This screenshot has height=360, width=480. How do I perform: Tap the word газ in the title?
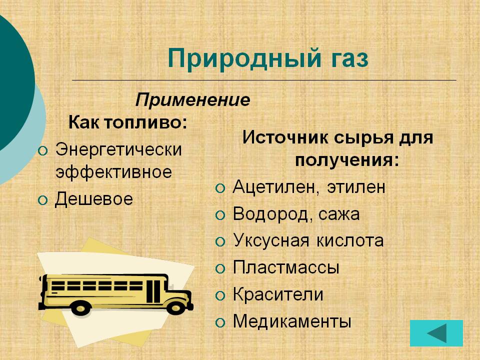(x=346, y=59)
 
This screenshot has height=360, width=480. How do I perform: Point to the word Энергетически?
(x=118, y=149)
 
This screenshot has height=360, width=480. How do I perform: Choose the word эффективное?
(x=113, y=172)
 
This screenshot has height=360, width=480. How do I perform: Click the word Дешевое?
(x=93, y=199)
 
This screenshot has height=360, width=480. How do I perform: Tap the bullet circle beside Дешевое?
(x=43, y=200)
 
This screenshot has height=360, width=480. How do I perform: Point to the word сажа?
(x=341, y=214)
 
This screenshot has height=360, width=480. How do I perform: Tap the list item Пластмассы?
(x=286, y=267)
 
